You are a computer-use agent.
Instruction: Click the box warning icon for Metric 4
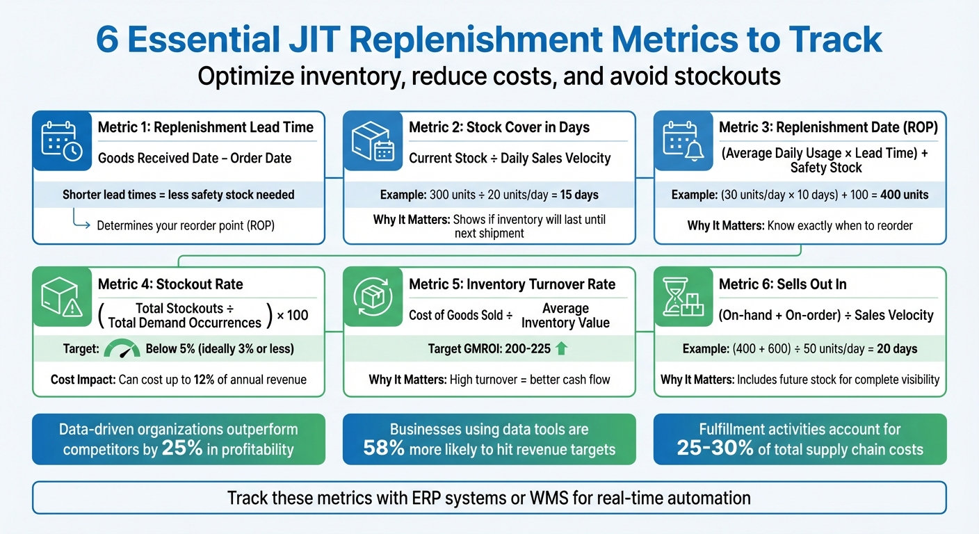pos(62,297)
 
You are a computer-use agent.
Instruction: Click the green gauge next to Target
pos(122,349)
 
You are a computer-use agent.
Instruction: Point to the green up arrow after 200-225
pos(561,349)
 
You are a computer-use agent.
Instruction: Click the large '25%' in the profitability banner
pos(182,448)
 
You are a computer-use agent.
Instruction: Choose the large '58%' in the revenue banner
pos(384,448)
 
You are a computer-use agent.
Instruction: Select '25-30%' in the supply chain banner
pos(715,448)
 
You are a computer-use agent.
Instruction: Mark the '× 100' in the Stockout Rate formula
pos(292,315)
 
